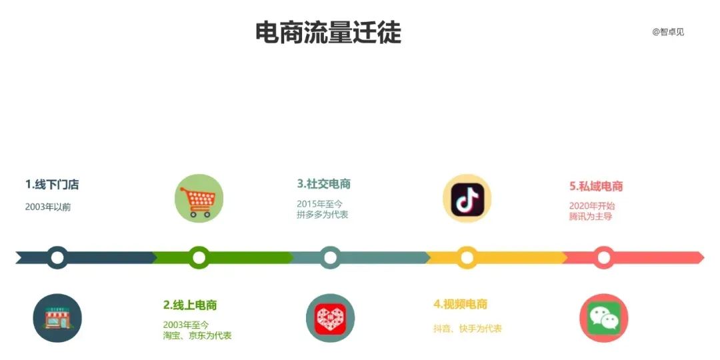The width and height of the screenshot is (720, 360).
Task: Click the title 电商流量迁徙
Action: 328,32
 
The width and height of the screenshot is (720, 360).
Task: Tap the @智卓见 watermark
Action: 668,31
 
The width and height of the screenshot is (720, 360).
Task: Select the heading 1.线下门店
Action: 52,184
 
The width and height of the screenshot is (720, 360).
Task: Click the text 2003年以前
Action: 48,207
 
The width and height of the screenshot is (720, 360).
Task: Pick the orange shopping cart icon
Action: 199,198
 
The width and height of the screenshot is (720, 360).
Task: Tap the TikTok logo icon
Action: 467,198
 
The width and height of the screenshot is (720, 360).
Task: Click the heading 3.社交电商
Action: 324,183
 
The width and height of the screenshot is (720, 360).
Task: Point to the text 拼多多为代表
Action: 323,215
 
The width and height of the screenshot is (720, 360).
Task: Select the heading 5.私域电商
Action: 596,186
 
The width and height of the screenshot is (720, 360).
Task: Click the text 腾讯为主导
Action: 591,217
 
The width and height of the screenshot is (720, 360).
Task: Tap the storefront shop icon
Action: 57,318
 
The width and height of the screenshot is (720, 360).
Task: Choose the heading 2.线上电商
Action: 190,305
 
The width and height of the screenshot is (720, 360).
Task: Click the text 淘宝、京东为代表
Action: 197,335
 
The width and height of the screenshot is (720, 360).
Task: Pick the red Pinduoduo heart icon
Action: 330,318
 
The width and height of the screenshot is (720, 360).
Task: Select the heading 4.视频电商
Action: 460,304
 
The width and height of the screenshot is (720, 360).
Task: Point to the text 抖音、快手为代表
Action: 467,328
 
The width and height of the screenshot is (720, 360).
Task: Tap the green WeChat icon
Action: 604,318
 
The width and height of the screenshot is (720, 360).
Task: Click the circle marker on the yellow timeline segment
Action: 467,257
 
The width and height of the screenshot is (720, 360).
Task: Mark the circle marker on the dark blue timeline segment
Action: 58,257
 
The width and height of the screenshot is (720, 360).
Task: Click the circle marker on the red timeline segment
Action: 604,257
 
